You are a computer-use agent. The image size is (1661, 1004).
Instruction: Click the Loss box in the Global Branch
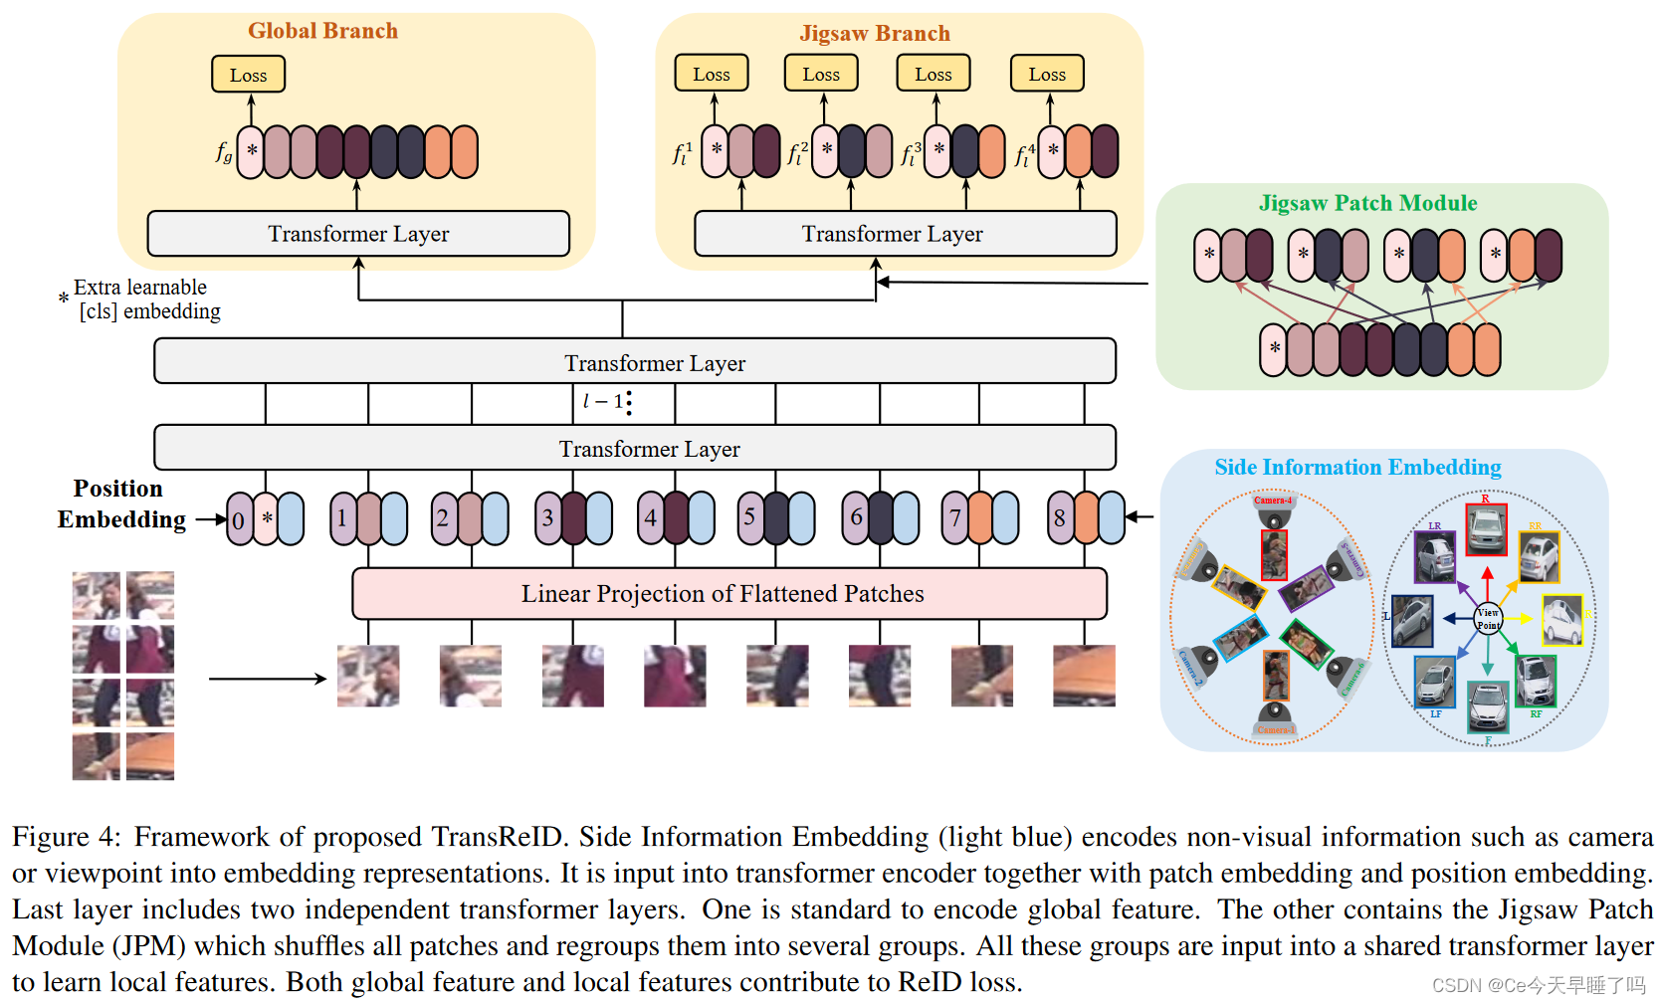coord(248,75)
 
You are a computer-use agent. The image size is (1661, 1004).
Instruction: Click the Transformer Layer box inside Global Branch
coord(358,234)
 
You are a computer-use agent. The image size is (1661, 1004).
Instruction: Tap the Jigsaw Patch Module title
coord(1367,203)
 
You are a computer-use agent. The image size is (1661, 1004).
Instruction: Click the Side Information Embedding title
coord(1357,468)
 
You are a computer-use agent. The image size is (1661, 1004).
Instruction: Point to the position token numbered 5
coord(750,517)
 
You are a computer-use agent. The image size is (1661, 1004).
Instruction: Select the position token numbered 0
coord(239,519)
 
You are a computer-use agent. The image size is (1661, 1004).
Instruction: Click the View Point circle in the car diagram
coord(1488,619)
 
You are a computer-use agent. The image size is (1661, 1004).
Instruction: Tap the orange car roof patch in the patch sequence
coord(1084,676)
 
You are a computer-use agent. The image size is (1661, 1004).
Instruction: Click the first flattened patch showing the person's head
coord(368,676)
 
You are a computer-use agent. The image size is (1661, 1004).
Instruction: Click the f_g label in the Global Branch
coord(224,152)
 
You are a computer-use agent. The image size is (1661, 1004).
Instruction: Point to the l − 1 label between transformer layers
coord(604,401)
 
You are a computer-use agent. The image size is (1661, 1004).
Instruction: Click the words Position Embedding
coord(120,503)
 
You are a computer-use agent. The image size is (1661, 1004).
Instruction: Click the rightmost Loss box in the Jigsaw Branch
coord(1047,75)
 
